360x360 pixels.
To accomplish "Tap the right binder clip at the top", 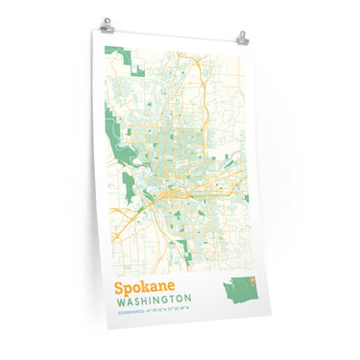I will point(241,38).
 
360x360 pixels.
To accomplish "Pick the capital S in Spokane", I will point(120,287).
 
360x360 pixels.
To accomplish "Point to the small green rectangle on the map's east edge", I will point(248,199).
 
